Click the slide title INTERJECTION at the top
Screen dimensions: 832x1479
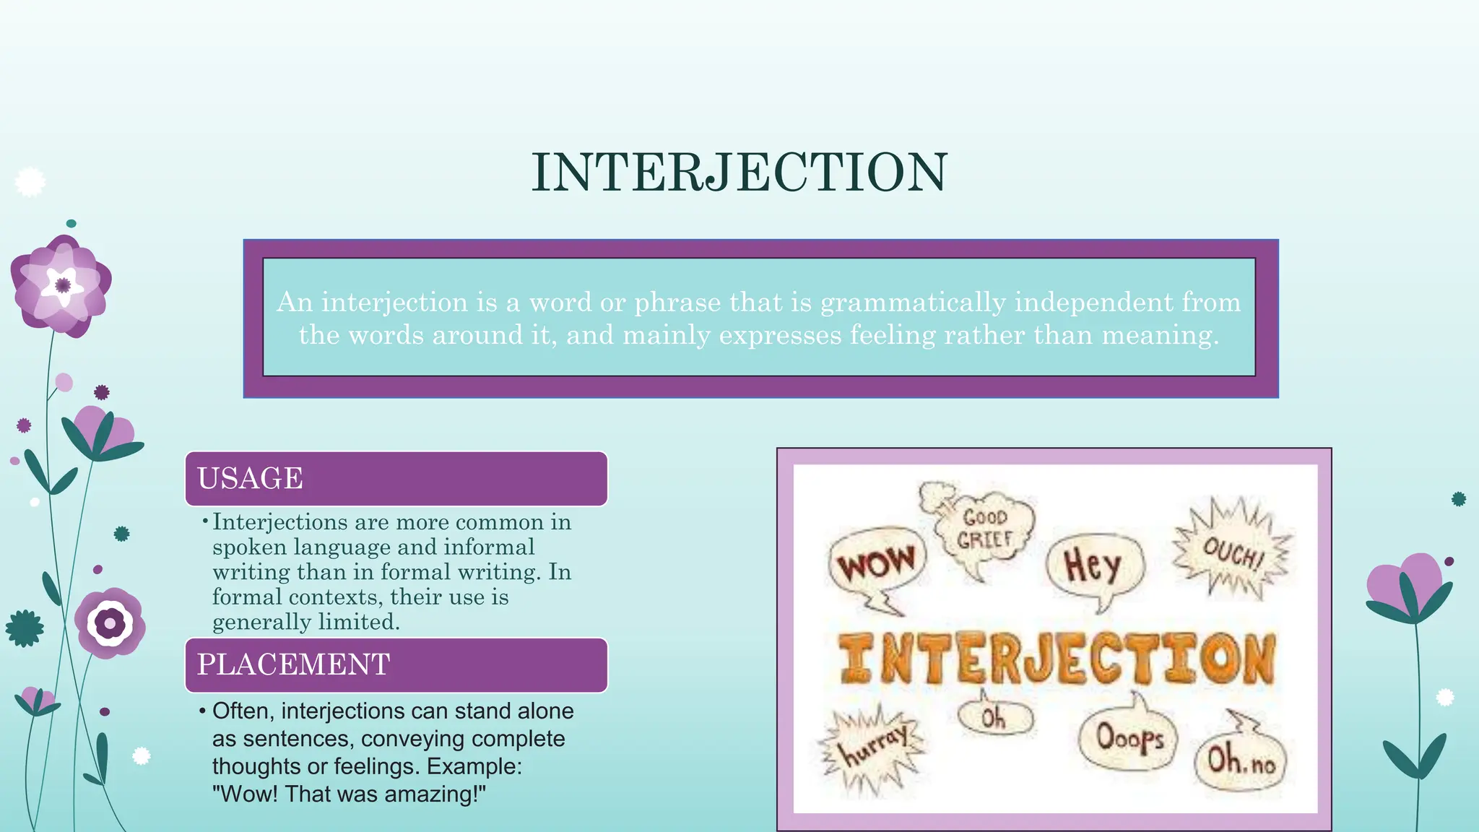(x=739, y=173)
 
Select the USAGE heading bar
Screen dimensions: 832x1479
(x=396, y=478)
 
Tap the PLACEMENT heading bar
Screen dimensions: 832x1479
(x=396, y=664)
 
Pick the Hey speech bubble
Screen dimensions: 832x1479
(x=1093, y=565)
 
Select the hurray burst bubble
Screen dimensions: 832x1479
(x=872, y=747)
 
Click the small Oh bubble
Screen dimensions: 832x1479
(x=994, y=717)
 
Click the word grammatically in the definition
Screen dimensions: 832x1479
(x=913, y=302)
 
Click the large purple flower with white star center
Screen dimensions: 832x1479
(x=62, y=285)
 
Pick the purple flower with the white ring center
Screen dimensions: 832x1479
(x=110, y=623)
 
